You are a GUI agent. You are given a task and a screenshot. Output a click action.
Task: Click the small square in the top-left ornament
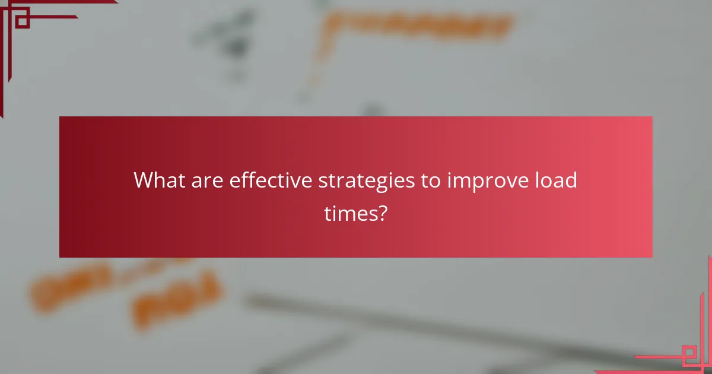coord(22,21)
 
